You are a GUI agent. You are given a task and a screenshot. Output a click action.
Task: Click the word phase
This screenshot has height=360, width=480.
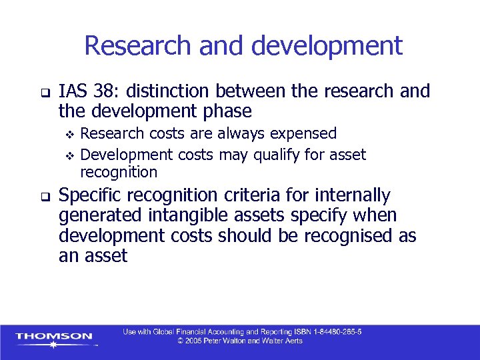226,110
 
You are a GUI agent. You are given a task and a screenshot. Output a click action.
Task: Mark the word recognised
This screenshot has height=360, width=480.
342,236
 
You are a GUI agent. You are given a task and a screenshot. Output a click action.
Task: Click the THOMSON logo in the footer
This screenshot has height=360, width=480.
55,337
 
